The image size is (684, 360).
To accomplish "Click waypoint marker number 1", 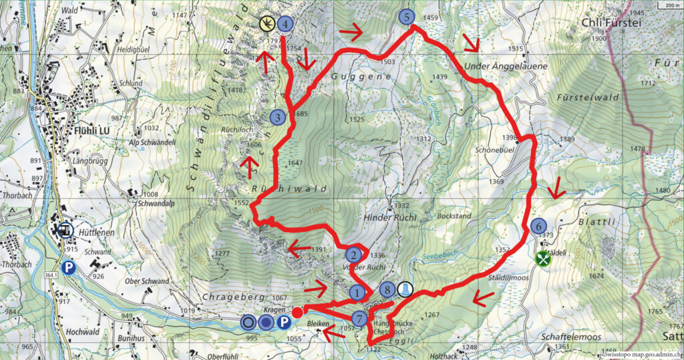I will tap(358, 293).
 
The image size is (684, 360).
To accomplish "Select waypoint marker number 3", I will tap(279, 118).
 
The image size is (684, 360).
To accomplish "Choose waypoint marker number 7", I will tap(359, 319).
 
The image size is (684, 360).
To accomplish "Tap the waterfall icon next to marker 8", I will tap(405, 290).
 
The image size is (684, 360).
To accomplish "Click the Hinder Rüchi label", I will tap(390, 218).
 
